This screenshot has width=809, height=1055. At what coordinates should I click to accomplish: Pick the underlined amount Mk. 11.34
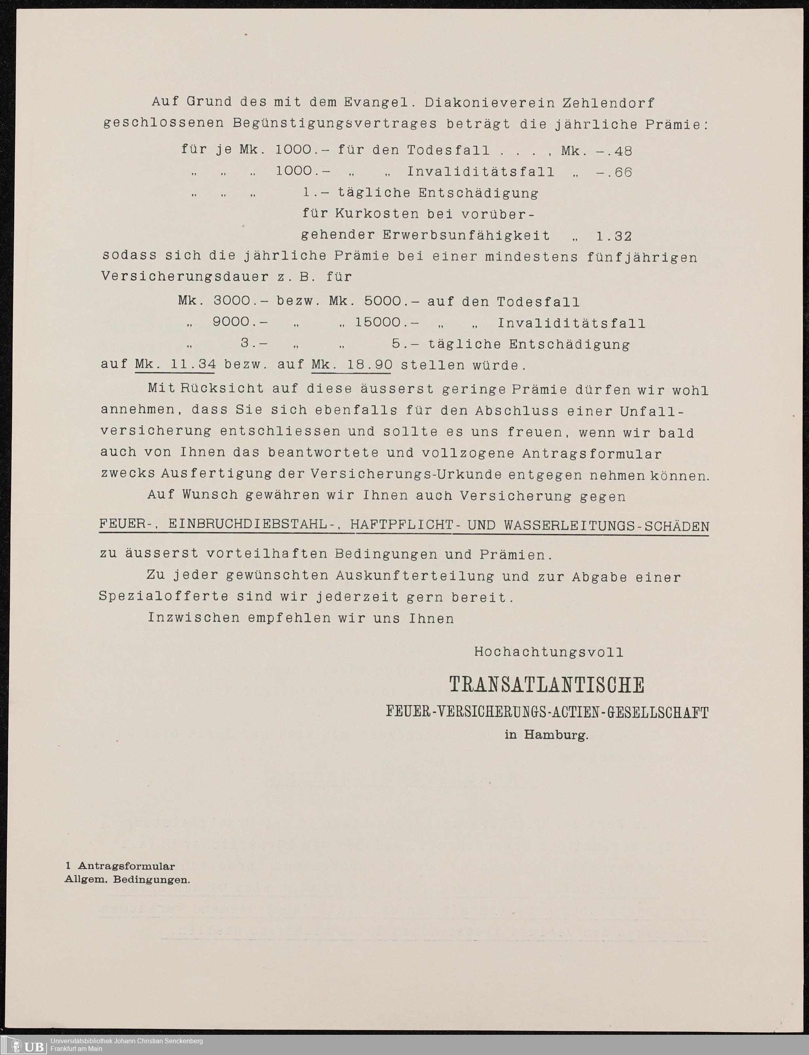(x=175, y=365)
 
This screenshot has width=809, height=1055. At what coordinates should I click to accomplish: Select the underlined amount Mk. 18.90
(x=352, y=365)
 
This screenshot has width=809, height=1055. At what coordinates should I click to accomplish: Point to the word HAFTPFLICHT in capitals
(x=402, y=525)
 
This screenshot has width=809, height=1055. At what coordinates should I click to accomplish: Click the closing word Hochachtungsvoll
(x=549, y=652)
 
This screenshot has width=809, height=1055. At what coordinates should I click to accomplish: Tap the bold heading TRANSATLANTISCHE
(x=546, y=685)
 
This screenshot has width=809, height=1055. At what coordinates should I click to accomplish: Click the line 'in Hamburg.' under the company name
(x=546, y=735)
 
